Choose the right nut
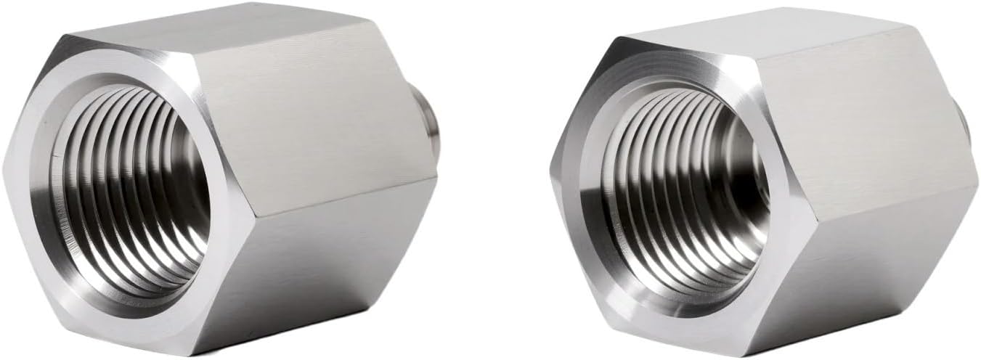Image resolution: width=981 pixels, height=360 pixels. (762, 181)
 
